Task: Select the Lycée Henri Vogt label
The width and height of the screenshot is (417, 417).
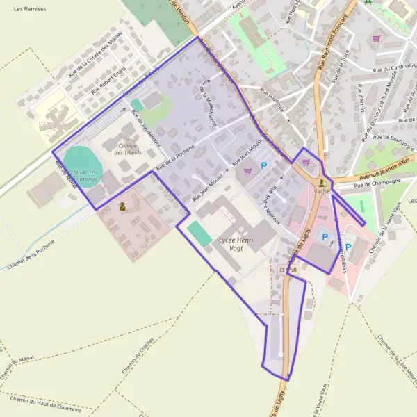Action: pos(236,243)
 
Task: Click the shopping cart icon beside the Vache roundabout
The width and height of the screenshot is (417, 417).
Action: pos(306,162)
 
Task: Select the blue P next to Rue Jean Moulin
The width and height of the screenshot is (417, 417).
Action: pos(263,165)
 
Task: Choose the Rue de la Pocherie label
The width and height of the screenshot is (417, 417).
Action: pos(175,159)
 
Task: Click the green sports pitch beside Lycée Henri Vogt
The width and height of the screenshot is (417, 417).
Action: pos(199,234)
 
